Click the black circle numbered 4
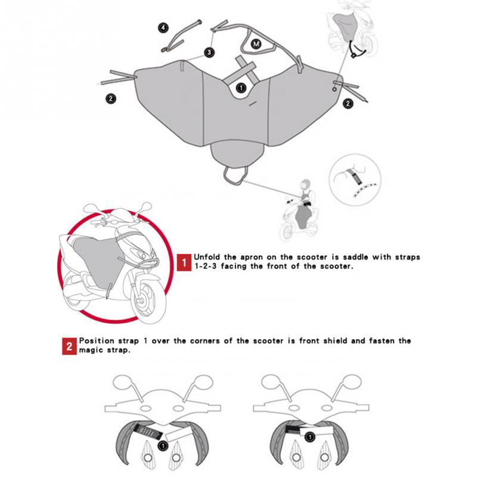(163, 28)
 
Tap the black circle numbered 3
(209, 52)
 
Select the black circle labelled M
(256, 44)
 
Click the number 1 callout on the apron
(241, 88)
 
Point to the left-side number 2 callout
(111, 98)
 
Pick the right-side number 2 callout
(348, 103)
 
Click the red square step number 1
(184, 262)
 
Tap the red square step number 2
(69, 346)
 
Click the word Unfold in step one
(206, 257)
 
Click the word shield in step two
(335, 340)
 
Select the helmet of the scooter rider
(305, 184)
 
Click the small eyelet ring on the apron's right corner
(334, 89)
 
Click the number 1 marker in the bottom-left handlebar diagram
(163, 445)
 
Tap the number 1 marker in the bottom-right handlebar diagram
(309, 437)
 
